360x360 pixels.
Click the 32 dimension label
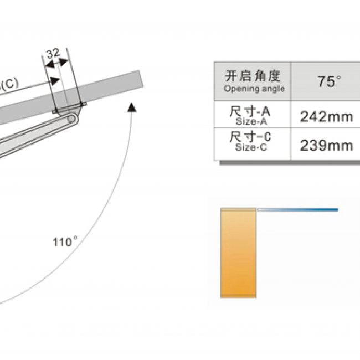[x=53, y=54]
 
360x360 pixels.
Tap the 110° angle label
[x=65, y=242]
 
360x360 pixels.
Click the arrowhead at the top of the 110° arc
[x=132, y=107]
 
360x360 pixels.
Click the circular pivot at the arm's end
[x=71, y=119]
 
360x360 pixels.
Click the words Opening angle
[x=254, y=89]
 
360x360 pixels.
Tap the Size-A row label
[x=251, y=121]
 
